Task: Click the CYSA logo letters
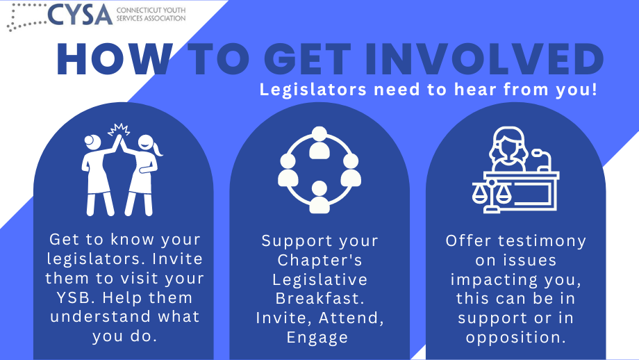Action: (x=80, y=15)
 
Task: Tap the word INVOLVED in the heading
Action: (x=484, y=60)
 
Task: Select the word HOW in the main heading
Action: (x=115, y=60)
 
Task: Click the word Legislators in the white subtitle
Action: (x=313, y=90)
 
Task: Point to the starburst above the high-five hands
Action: (x=119, y=130)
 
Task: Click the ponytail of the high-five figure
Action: (x=158, y=149)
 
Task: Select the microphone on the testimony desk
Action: (x=543, y=161)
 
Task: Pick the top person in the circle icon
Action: (x=319, y=143)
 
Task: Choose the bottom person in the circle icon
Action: (x=319, y=197)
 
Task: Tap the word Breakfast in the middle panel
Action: (x=320, y=298)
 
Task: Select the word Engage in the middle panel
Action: (x=317, y=338)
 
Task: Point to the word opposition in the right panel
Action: (x=516, y=338)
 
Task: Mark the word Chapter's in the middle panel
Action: (x=320, y=260)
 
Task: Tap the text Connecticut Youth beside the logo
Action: (x=151, y=10)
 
